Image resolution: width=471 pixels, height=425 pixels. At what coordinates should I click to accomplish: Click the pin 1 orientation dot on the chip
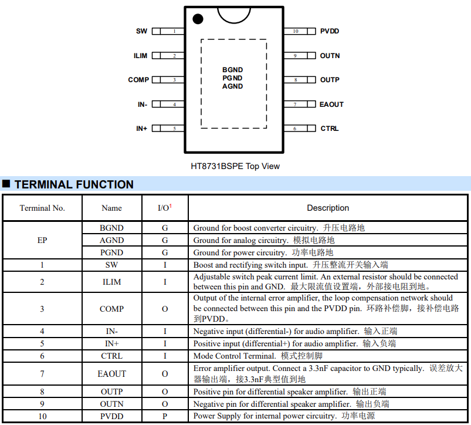point(198,19)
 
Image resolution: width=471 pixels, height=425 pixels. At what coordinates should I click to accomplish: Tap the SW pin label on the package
point(142,31)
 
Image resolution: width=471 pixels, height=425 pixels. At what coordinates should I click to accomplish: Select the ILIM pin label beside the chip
point(140,56)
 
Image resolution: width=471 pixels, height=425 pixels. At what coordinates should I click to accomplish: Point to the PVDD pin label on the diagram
point(330,31)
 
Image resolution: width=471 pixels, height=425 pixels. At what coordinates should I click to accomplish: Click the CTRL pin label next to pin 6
point(330,129)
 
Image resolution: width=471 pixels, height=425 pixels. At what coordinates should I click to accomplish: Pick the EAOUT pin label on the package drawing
point(331,104)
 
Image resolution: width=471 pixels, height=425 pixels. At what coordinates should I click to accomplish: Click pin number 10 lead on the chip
point(296,31)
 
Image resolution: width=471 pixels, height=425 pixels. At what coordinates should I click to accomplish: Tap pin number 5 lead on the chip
point(174,129)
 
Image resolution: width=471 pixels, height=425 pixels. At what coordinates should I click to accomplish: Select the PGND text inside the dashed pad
point(232,78)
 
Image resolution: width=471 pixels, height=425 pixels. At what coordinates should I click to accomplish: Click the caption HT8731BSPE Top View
point(235,166)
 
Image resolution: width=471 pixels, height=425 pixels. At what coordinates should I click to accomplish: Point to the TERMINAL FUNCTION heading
point(74,184)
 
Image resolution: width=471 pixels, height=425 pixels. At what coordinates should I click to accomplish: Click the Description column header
point(328,208)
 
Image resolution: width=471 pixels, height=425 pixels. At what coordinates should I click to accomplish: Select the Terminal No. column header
point(42,208)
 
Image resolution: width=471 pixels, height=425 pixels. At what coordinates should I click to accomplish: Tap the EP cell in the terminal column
point(42,240)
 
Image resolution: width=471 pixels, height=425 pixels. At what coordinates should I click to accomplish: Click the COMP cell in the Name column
point(111,309)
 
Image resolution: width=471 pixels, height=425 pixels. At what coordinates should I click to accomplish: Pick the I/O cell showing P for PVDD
point(165,416)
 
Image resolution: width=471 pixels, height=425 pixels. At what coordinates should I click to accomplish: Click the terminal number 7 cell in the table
point(42,373)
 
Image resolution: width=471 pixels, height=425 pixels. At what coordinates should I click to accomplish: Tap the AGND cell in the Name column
point(111,240)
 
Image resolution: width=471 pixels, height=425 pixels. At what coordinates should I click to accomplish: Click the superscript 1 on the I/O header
point(171,205)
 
